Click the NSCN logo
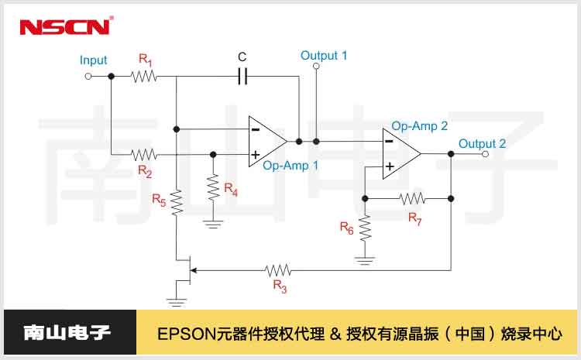coord(66,26)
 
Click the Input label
coord(93,60)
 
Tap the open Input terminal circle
coord(88,76)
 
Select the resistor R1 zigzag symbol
coord(144,76)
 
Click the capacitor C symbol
coord(242,76)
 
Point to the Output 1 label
coord(324,56)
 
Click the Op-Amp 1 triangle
coord(266,142)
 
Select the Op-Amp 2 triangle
coord(401,153)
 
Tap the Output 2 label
coord(482,144)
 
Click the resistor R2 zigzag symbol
coord(144,154)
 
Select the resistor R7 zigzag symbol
coord(413,198)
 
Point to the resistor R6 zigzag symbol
coord(365,228)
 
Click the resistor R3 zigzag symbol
coord(278,270)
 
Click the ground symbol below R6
coord(365,260)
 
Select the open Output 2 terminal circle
coord(485,154)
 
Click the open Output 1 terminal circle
coord(315,67)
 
